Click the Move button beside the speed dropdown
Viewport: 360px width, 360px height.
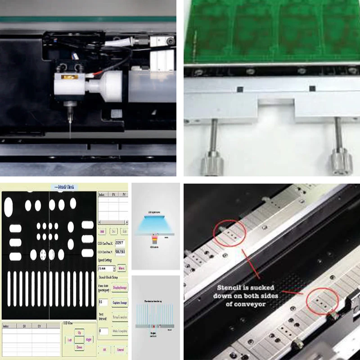click(x=121, y=268)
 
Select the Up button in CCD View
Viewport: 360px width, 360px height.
click(x=79, y=332)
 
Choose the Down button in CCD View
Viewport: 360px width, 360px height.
click(x=79, y=347)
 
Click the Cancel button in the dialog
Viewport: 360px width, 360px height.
click(x=120, y=349)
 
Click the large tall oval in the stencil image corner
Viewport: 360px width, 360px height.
click(x=9, y=207)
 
